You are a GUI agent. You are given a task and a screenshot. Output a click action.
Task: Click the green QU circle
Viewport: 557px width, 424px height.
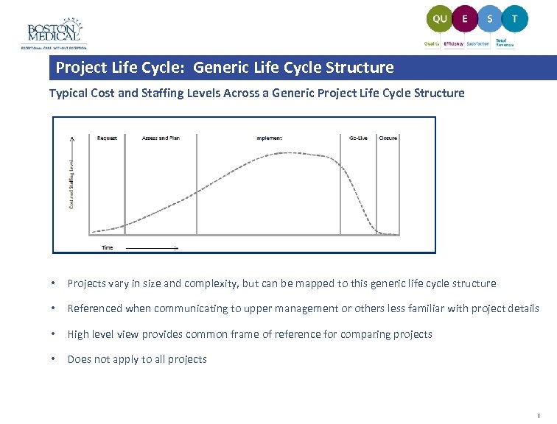point(440,19)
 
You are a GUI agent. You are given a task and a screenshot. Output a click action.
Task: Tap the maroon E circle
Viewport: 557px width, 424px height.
point(465,19)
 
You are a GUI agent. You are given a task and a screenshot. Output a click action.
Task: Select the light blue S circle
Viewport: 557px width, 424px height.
point(490,19)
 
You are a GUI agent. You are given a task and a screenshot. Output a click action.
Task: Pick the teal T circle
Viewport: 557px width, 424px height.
point(514,19)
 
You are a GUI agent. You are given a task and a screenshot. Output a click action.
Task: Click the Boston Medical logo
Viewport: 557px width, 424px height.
point(53,32)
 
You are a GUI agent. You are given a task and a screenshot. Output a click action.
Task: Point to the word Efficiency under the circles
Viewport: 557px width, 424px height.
point(454,44)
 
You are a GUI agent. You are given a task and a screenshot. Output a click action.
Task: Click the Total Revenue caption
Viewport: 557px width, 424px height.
point(505,43)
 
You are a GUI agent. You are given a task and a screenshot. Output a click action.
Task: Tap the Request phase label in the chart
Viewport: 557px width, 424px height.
point(107,138)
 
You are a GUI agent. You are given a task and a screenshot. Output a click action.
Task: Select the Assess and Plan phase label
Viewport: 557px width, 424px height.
point(160,138)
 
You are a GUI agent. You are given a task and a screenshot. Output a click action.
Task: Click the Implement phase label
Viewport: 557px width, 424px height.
point(269,138)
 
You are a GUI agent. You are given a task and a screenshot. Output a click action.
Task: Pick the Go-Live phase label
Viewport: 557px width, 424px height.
point(358,138)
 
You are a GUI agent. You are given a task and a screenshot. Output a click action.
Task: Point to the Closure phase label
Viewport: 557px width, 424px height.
point(388,138)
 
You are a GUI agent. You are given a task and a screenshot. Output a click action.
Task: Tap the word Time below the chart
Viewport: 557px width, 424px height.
point(108,247)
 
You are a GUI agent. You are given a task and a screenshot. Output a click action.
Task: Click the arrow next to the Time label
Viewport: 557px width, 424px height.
point(152,248)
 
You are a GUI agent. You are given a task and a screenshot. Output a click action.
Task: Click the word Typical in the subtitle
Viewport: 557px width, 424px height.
point(66,93)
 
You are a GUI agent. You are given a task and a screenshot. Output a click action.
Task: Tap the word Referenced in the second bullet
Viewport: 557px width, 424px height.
point(96,309)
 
